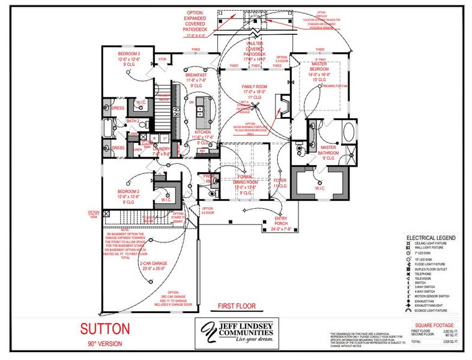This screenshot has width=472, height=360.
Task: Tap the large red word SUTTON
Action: click(x=105, y=328)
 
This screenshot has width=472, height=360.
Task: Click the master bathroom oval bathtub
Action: click(x=348, y=131)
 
